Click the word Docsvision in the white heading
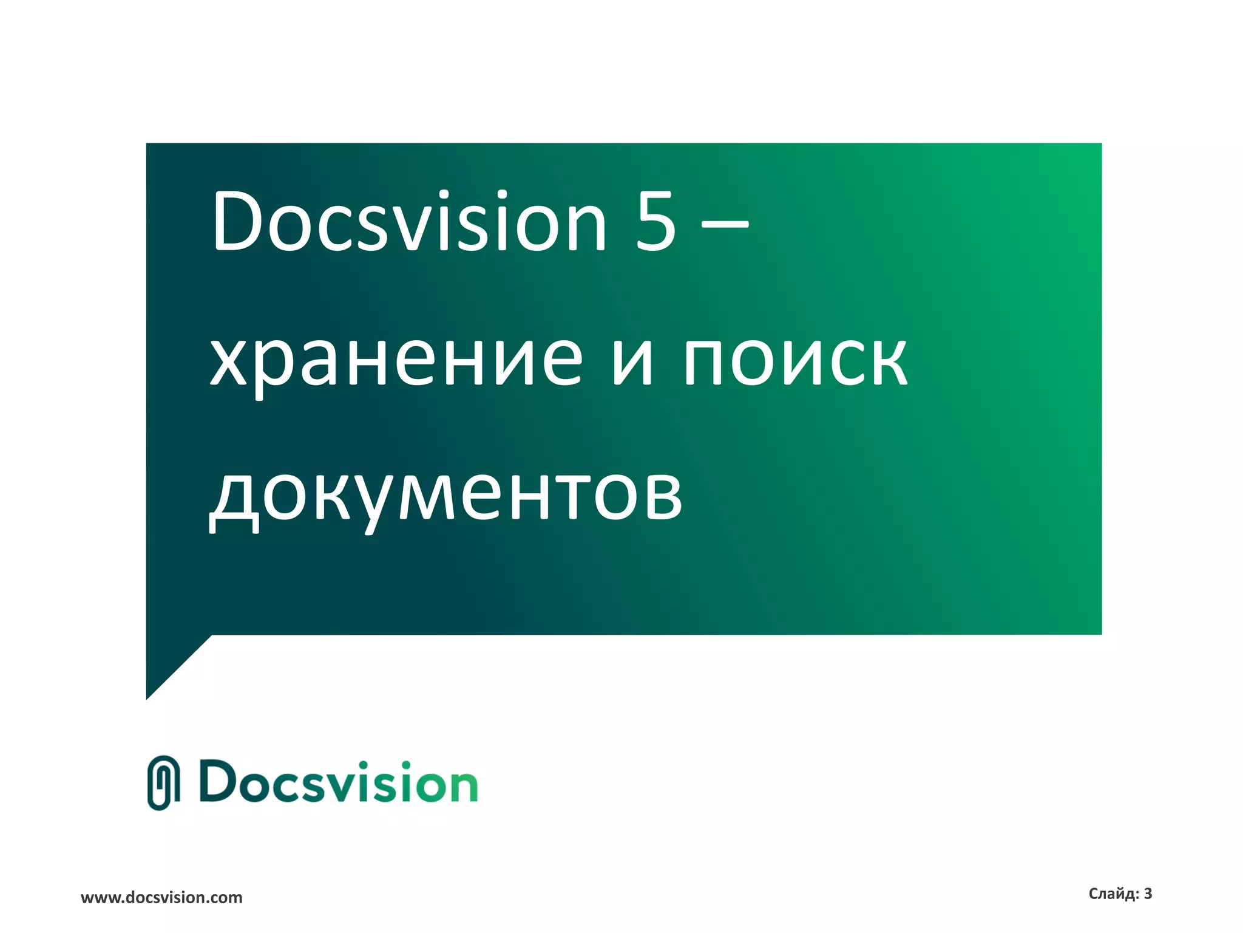pyautogui.click(x=408, y=222)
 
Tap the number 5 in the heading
pyautogui.click(x=655, y=222)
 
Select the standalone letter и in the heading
pyautogui.click(x=632, y=361)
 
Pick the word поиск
pyautogui.click(x=795, y=361)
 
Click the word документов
pyautogui.click(x=446, y=495)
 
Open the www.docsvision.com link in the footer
pyautogui.click(x=161, y=898)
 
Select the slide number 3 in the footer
pyautogui.click(x=1148, y=894)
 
